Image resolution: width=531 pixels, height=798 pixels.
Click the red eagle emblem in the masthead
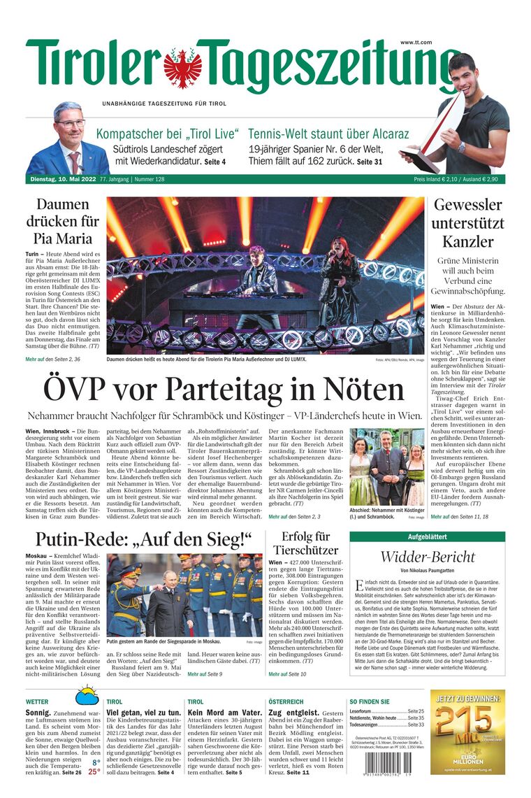click(182, 67)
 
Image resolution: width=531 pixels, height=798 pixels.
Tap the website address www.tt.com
click(416, 43)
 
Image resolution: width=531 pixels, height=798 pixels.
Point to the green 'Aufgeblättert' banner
click(427, 537)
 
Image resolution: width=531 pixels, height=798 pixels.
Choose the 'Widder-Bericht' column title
click(427, 557)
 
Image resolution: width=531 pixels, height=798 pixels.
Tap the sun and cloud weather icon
click(87, 695)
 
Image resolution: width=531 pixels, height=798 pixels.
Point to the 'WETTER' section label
click(37, 701)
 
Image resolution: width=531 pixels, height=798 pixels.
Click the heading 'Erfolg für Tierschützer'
click(305, 543)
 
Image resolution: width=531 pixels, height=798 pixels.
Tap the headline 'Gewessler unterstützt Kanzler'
click(467, 224)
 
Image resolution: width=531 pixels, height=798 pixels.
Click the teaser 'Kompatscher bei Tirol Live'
click(168, 134)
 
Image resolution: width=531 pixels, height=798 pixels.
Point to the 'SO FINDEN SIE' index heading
click(370, 701)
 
